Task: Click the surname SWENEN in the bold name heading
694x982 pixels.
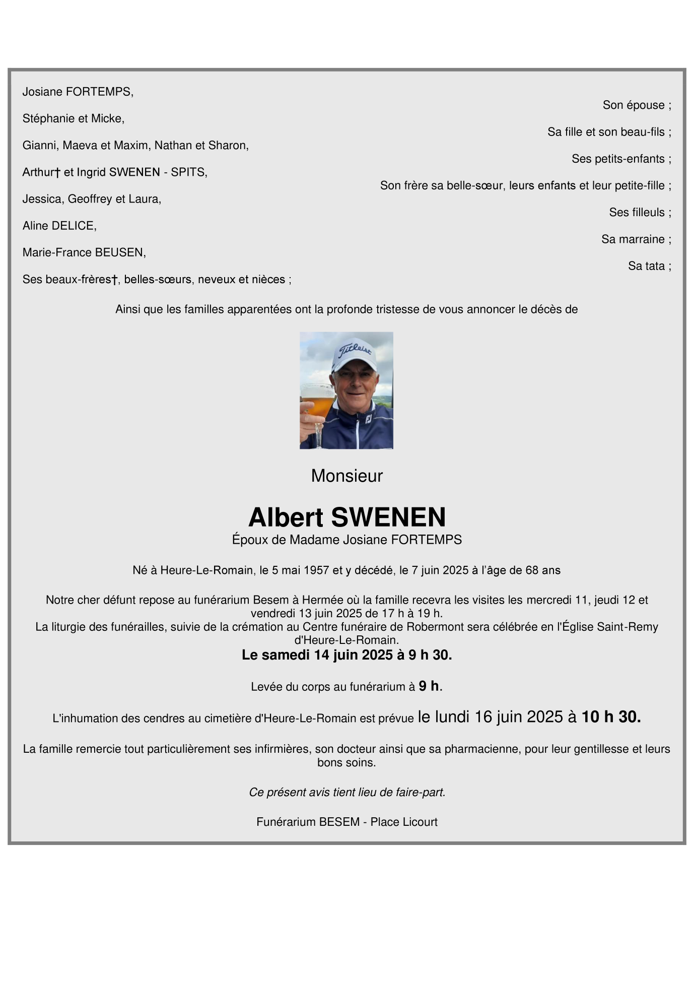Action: point(388,517)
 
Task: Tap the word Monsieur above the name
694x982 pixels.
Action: point(346,476)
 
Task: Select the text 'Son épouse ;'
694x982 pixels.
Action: point(637,105)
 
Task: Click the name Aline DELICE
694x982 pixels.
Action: point(59,226)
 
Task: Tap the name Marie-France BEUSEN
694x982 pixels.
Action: point(84,252)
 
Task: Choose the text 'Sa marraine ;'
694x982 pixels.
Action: point(636,239)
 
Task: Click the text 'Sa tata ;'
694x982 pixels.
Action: point(649,266)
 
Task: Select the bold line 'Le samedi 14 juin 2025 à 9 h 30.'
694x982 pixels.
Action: point(346,655)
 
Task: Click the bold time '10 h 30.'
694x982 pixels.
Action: point(611,717)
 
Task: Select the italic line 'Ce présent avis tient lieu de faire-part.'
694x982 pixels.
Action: point(346,793)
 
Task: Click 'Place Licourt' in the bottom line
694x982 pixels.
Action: point(404,822)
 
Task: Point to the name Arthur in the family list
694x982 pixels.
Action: point(38,172)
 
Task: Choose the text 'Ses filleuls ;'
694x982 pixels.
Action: point(640,213)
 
